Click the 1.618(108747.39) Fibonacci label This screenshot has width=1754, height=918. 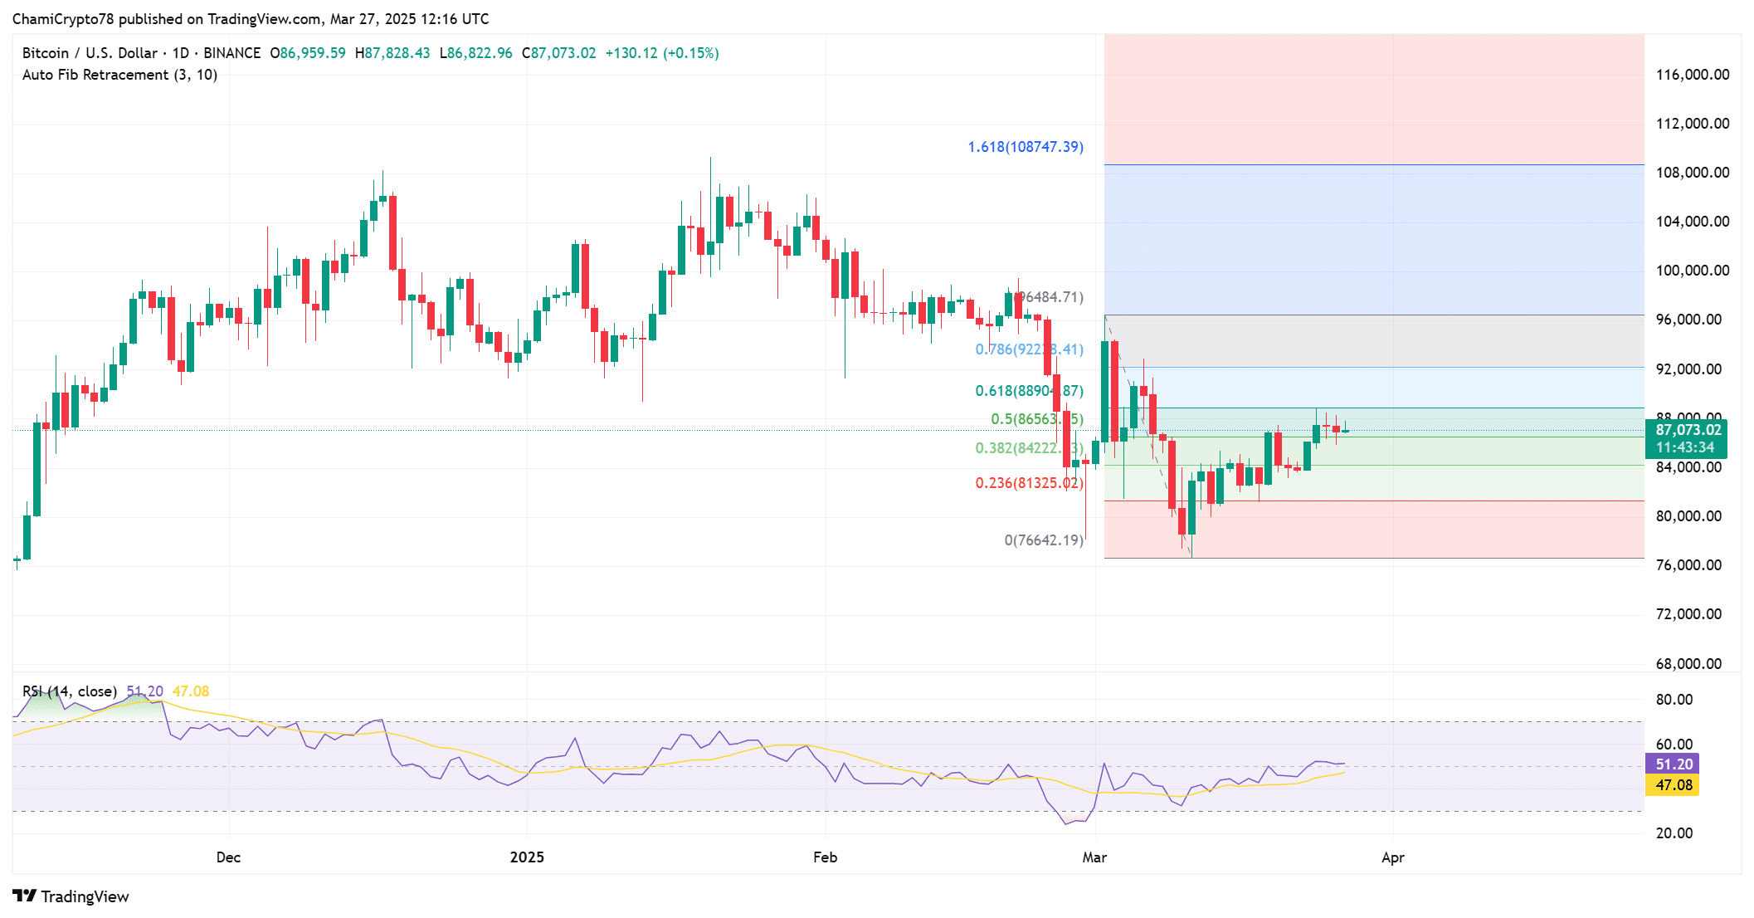click(1025, 147)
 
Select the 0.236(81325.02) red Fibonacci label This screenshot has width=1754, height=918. click(1029, 483)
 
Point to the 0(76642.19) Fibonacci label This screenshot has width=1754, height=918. click(1043, 540)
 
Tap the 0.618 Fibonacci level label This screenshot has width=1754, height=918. click(1029, 391)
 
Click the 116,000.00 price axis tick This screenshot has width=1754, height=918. click(1692, 75)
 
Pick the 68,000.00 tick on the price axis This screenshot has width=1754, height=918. click(1688, 664)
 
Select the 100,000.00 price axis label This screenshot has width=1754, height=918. click(1692, 271)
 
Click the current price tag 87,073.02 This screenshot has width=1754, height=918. click(1688, 430)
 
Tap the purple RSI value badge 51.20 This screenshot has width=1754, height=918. click(1673, 764)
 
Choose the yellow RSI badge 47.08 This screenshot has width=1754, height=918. click(1673, 785)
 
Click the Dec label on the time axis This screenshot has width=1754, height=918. click(228, 857)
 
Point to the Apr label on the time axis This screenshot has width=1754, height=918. click(1392, 857)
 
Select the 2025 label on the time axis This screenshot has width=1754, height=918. click(527, 857)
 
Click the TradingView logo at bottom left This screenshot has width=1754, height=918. click(71, 896)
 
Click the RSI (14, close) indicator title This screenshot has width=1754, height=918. click(70, 691)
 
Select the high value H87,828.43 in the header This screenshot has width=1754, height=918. click(392, 53)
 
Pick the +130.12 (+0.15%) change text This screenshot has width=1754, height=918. click(661, 53)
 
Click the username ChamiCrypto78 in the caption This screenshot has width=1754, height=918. click(63, 19)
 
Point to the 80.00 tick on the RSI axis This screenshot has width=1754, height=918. click(1674, 700)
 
